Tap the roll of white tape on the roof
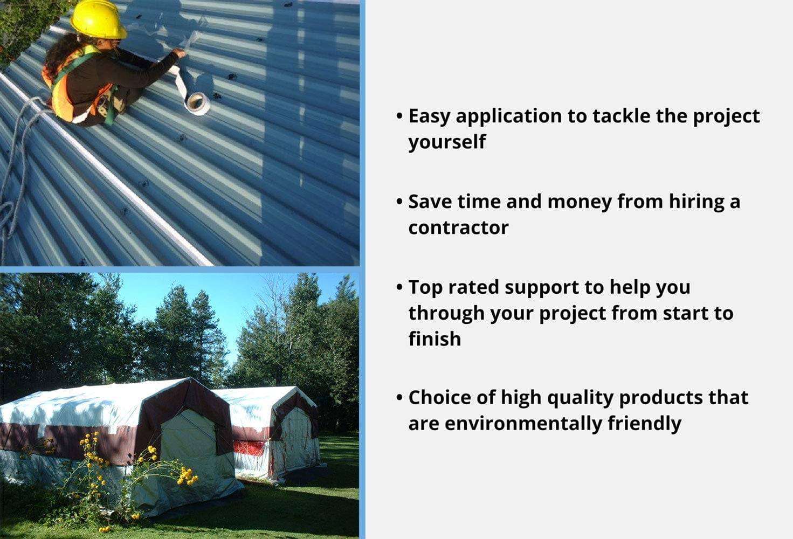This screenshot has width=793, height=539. click(197, 103)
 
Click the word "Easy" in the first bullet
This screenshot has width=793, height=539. click(429, 116)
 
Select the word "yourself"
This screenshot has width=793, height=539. click(447, 142)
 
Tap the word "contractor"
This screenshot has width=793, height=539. click(458, 227)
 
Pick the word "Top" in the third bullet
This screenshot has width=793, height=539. click(425, 287)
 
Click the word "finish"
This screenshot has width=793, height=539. click(435, 339)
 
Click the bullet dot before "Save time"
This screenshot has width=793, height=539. click(399, 202)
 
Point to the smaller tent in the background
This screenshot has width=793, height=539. click(275, 431)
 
